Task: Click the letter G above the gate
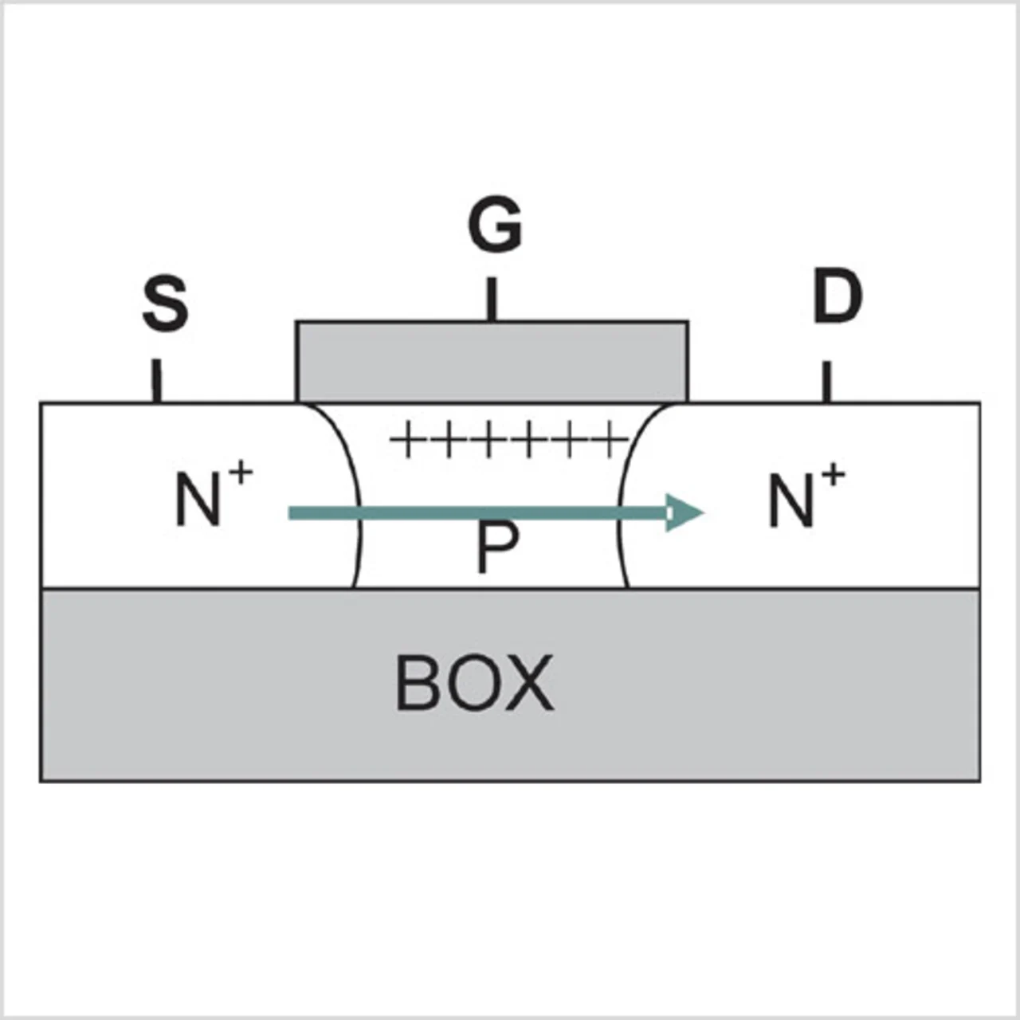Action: (x=495, y=226)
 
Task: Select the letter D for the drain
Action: (x=837, y=296)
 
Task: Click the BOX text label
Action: (x=474, y=683)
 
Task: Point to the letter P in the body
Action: (x=496, y=548)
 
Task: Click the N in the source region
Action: (x=198, y=500)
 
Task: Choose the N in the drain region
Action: (x=790, y=500)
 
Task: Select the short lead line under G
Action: (x=492, y=299)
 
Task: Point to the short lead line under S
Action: (x=157, y=381)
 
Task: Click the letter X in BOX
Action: (x=526, y=683)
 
